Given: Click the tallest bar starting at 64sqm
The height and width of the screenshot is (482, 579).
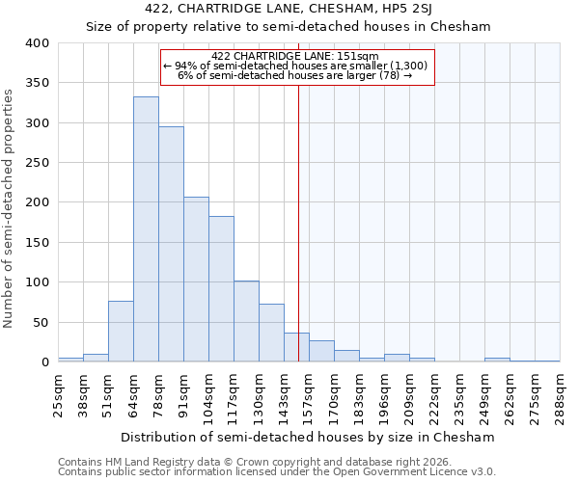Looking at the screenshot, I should (146, 229).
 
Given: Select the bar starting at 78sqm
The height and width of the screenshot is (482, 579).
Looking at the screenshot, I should (171, 244).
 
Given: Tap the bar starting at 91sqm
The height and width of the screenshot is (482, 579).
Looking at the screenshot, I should (196, 280).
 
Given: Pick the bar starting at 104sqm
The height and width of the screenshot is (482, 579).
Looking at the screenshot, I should (221, 289).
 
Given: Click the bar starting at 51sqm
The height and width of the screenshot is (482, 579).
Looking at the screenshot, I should (121, 332).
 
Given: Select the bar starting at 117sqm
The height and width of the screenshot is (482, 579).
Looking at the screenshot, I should (246, 321).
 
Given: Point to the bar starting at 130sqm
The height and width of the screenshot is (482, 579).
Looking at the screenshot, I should (271, 333).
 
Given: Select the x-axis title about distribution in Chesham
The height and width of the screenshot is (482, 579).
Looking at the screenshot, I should (308, 437).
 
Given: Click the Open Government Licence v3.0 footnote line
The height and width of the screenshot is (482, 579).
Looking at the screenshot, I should (277, 471).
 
